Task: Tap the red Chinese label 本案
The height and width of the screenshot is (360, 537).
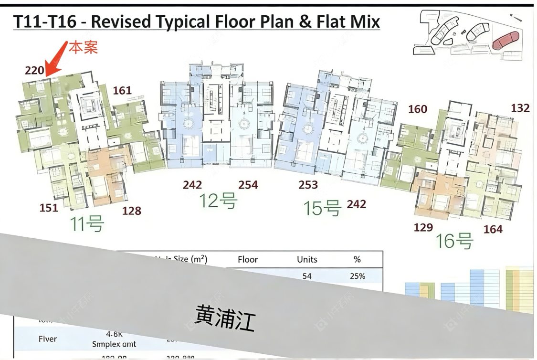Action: (x=84, y=47)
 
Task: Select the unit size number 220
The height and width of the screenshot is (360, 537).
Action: (x=34, y=71)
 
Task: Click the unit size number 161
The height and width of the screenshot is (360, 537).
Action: (x=122, y=90)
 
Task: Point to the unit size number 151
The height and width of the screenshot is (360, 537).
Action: (x=49, y=208)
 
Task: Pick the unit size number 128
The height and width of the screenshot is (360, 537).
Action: (x=132, y=211)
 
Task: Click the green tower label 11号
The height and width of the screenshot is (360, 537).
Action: (x=87, y=223)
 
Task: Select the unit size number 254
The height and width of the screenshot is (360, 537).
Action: (x=248, y=185)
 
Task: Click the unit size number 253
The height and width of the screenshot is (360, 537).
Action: (x=308, y=185)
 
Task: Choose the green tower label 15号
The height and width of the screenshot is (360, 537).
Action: (x=323, y=208)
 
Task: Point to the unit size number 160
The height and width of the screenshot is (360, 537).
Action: (x=418, y=109)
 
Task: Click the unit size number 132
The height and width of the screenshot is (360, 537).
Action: (x=520, y=108)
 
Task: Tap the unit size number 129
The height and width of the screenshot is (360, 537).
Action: (x=423, y=227)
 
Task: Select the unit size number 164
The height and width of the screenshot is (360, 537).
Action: (x=493, y=229)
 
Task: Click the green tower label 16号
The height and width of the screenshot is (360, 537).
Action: (x=453, y=241)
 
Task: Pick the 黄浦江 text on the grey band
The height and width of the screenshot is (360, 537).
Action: (x=225, y=318)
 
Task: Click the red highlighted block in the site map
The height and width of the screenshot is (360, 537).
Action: (x=506, y=40)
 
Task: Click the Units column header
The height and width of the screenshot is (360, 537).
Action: (x=307, y=260)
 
